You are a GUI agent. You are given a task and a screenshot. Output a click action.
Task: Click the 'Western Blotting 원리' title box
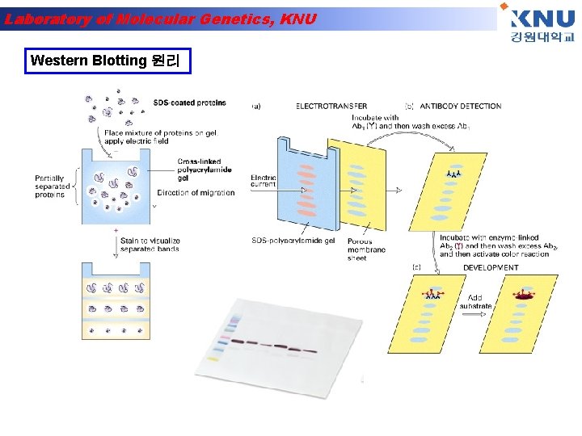pos(108,61)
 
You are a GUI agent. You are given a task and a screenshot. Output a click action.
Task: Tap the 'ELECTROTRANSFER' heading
pos(331,106)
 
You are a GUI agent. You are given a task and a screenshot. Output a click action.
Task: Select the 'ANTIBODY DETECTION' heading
pos(461,106)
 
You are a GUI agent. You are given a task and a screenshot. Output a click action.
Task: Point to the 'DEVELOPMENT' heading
pos(491,267)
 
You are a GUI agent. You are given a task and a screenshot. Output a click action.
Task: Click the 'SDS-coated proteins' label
pos(189,103)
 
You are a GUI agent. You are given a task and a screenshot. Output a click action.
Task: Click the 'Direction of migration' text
pos(196,193)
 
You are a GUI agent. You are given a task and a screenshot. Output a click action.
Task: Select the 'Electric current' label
pos(264,180)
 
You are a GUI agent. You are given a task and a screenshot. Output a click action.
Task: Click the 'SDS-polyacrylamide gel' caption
pos(293,241)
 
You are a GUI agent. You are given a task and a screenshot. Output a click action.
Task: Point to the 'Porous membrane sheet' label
pos(366,249)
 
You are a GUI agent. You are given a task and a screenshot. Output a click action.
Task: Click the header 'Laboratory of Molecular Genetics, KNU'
pos(160,19)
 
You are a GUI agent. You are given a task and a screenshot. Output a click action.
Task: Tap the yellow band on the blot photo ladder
pos(213,358)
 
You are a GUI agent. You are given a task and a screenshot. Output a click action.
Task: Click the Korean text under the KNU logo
pos(542,38)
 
